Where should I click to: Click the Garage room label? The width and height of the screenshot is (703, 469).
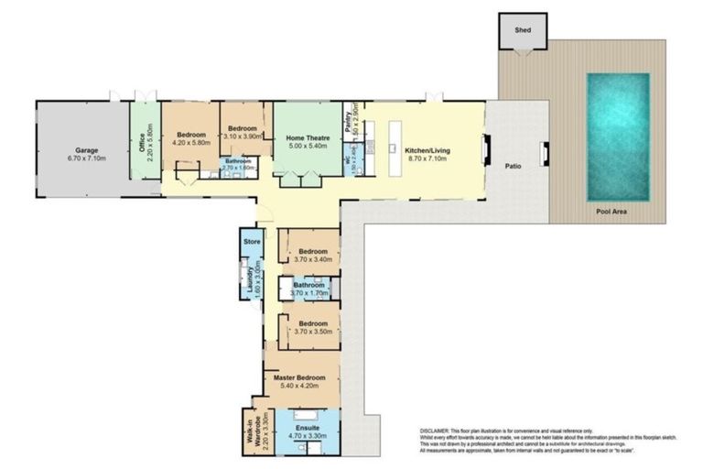86,150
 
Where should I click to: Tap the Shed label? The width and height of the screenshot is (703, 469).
522,28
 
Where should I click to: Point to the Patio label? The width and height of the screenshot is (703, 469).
514,167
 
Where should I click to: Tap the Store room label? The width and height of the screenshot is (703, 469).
253,241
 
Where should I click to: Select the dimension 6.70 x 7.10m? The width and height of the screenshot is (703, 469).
86,158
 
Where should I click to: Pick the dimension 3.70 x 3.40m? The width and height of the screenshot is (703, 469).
312,259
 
